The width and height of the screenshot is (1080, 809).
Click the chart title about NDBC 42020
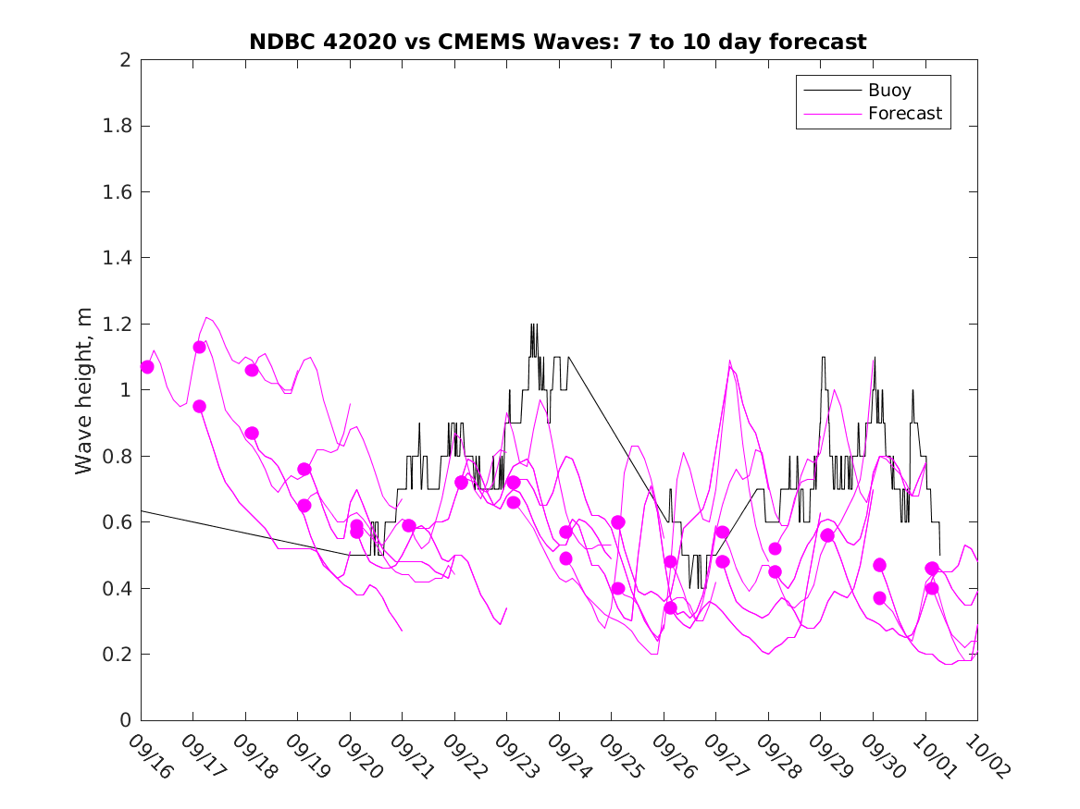click(558, 43)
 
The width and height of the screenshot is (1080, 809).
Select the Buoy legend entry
click(888, 91)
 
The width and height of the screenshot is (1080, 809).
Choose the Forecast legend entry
click(904, 114)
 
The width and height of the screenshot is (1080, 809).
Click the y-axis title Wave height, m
click(84, 390)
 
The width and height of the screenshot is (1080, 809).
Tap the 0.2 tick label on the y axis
click(118, 655)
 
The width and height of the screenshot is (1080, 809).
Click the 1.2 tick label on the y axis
click(118, 325)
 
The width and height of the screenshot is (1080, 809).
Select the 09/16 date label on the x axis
click(150, 756)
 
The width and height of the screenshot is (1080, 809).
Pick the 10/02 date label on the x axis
click(987, 756)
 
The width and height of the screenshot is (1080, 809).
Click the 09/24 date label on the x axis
click(568, 756)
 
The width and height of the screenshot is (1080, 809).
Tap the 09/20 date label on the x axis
click(359, 756)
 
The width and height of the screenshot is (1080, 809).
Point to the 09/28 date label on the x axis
click(777, 756)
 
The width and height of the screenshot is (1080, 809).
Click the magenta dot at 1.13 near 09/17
click(199, 348)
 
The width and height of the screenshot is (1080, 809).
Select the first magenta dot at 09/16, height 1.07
click(147, 367)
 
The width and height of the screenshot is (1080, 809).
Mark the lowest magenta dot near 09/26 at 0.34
click(670, 607)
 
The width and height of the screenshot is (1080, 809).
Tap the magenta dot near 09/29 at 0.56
click(827, 535)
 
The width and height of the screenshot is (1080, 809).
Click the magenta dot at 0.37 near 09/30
click(879, 598)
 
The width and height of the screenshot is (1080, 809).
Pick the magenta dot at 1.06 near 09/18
click(252, 370)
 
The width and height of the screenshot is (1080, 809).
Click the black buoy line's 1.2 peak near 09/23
click(533, 325)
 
